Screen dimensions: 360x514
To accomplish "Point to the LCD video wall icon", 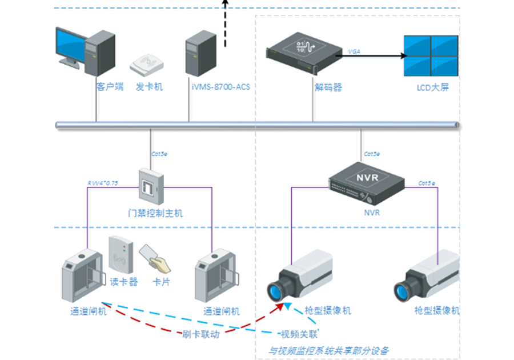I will (430, 56).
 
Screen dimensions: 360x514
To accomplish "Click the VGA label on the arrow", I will (355, 51).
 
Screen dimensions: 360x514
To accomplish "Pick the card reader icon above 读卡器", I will (121, 255).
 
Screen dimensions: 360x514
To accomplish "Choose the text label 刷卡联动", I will (200, 335).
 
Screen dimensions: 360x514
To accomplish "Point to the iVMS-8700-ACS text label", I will (221, 87).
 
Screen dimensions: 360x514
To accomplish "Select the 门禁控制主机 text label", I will (156, 213).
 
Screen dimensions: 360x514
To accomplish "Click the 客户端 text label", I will (110, 87).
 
